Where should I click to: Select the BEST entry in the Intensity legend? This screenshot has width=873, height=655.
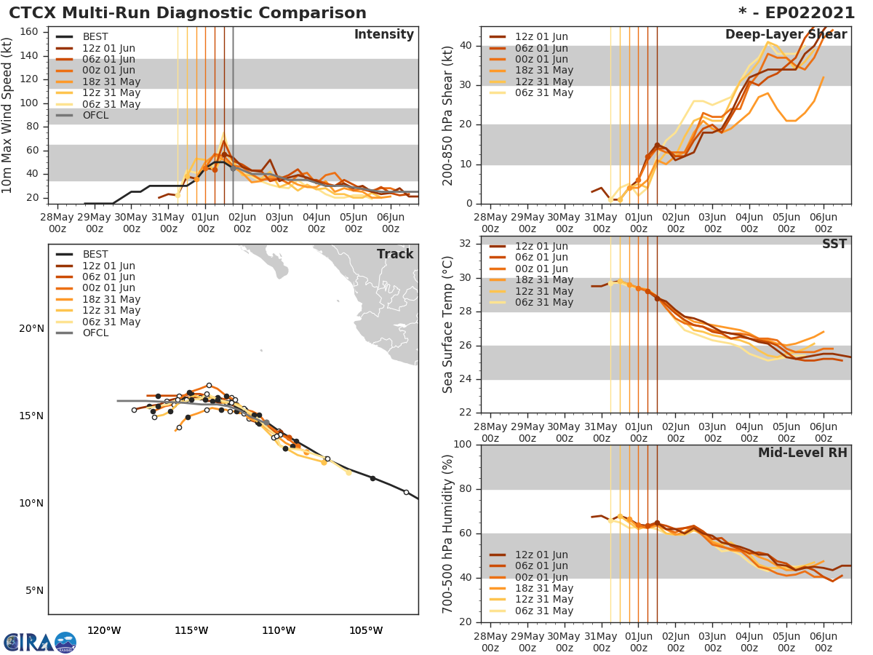(95, 37)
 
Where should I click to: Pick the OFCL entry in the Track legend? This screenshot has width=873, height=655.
(95, 333)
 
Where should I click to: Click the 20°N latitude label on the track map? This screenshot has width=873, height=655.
(31, 329)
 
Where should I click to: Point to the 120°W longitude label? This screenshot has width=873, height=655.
(104, 630)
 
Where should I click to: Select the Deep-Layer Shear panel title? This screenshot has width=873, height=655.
(786, 35)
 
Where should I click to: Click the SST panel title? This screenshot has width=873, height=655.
(834, 244)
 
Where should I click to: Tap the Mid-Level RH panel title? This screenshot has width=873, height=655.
(802, 453)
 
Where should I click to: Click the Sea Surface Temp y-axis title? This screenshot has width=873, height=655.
(448, 324)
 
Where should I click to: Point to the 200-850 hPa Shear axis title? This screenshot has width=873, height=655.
(448, 115)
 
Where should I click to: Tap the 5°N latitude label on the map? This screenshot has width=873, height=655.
(34, 591)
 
